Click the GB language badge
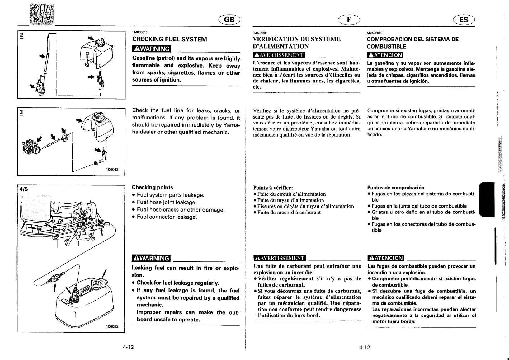[x=230, y=20]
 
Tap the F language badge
[x=349, y=20]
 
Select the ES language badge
[x=464, y=20]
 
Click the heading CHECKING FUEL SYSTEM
[x=169, y=39]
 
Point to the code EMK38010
[x=140, y=32]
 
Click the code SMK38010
[x=375, y=33]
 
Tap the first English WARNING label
[x=152, y=49]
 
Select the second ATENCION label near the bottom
[x=386, y=258]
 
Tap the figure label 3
[x=21, y=112]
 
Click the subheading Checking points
[x=153, y=187]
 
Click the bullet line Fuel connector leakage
[x=167, y=217]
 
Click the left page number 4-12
[x=128, y=347]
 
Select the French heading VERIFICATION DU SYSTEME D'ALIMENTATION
[x=297, y=43]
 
